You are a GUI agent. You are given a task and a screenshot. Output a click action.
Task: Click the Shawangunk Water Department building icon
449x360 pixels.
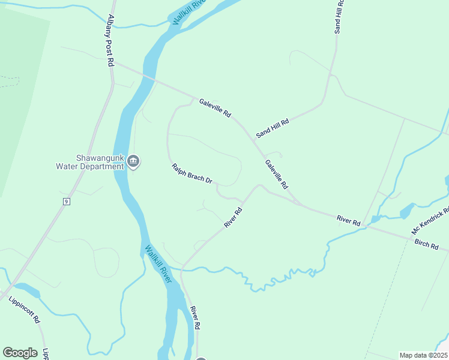[133, 161]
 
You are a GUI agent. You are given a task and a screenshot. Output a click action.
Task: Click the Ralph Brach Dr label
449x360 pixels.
[192, 173]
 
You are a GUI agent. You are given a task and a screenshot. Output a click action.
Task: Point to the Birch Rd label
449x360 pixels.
[426, 245]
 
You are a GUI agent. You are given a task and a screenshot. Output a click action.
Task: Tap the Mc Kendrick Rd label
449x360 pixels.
[430, 221]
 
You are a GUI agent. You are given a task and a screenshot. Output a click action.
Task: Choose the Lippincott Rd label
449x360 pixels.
[24, 310]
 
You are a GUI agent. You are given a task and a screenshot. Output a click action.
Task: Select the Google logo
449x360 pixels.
[20, 353]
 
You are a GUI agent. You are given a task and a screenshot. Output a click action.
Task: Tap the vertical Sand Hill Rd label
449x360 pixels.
[339, 16]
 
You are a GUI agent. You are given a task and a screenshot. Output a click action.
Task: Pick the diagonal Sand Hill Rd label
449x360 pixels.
[273, 128]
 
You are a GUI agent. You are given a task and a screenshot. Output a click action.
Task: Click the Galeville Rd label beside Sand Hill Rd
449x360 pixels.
[215, 108]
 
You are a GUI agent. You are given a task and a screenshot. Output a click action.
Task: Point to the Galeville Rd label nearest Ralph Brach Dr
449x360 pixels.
[277, 174]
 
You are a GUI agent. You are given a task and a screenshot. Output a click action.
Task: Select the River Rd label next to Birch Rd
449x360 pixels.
[348, 220]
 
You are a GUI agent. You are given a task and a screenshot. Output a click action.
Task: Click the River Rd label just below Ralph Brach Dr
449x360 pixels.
[233, 217]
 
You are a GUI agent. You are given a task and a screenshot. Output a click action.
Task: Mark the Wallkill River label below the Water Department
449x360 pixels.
[158, 264]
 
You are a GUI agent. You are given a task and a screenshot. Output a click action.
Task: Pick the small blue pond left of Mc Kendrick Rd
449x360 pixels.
[406, 211]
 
